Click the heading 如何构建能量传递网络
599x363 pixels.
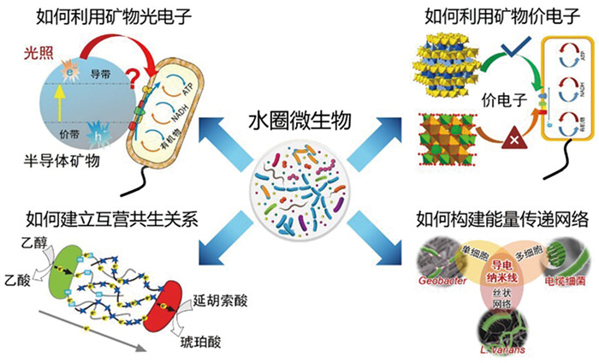pyautogui.click(x=501, y=217)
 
